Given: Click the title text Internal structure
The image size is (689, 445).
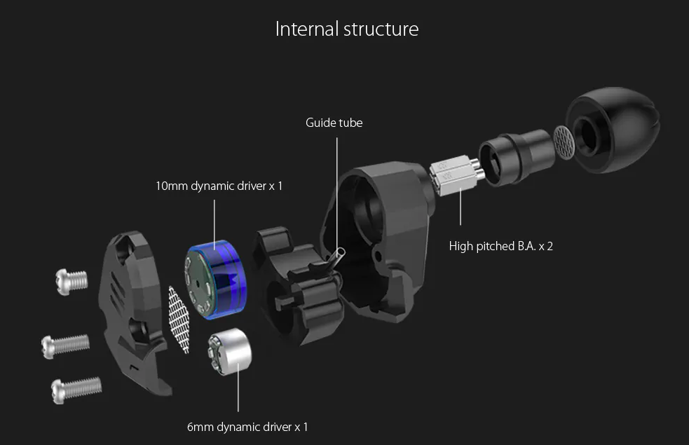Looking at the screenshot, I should click(x=347, y=29).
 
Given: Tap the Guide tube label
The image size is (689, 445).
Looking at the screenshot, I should click(x=334, y=123).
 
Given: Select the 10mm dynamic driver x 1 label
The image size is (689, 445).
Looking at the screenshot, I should click(x=219, y=186).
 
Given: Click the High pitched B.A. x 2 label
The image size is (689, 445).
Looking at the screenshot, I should click(x=501, y=246).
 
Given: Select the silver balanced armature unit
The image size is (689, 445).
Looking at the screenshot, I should click(x=453, y=174).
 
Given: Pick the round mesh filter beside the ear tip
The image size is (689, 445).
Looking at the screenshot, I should click(x=564, y=142).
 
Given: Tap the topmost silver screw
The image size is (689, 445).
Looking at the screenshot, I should click(x=71, y=280).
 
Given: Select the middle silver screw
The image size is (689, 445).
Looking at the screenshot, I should click(x=66, y=343).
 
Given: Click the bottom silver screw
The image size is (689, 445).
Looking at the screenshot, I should click(x=76, y=388).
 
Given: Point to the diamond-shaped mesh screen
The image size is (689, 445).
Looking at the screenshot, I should click(x=179, y=319).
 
